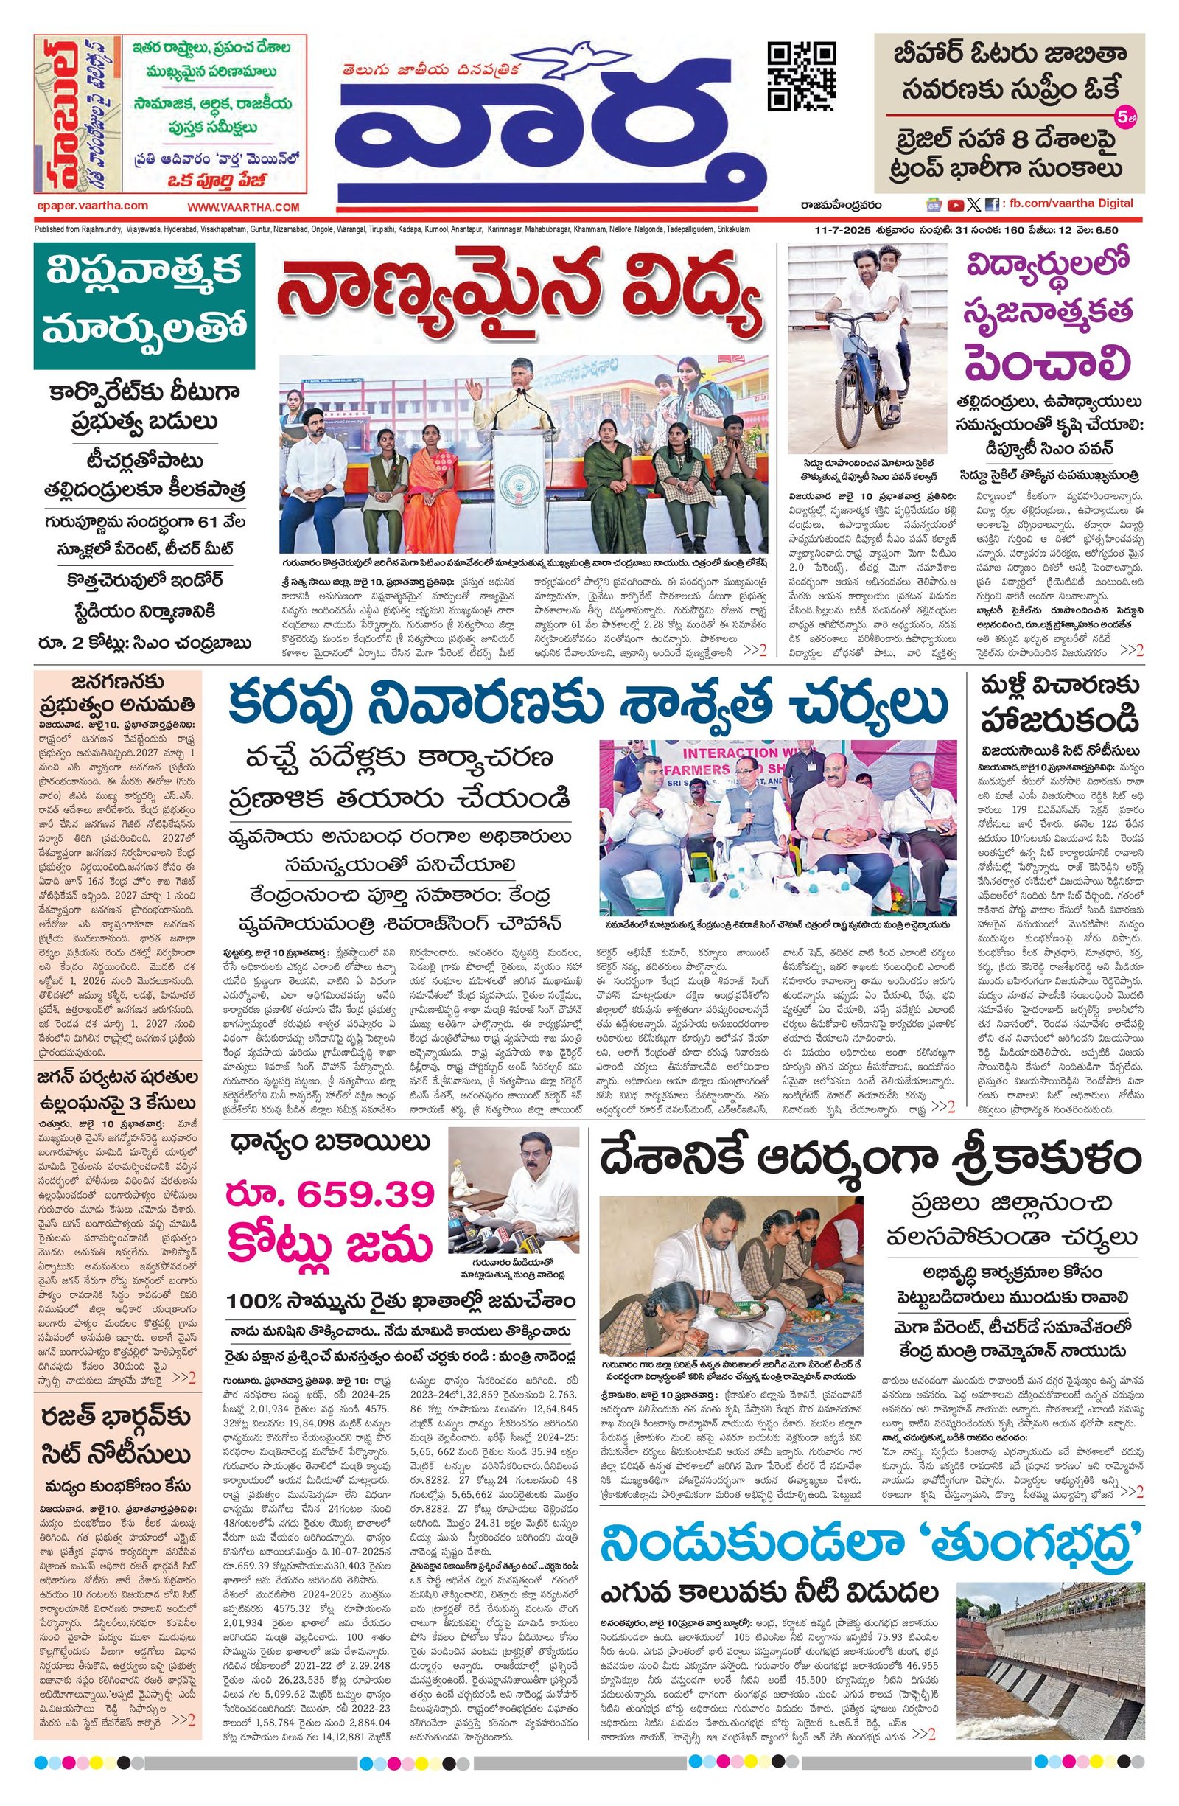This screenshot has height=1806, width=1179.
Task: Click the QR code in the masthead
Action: (802, 77)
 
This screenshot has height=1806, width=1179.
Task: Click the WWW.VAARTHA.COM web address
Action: (244, 207)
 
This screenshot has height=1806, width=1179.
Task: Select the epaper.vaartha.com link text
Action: (92, 206)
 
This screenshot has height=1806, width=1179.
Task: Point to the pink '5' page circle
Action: (1123, 118)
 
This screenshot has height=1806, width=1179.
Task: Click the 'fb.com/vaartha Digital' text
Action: (1069, 203)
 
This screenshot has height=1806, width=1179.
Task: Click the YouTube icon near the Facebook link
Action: (955, 204)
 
